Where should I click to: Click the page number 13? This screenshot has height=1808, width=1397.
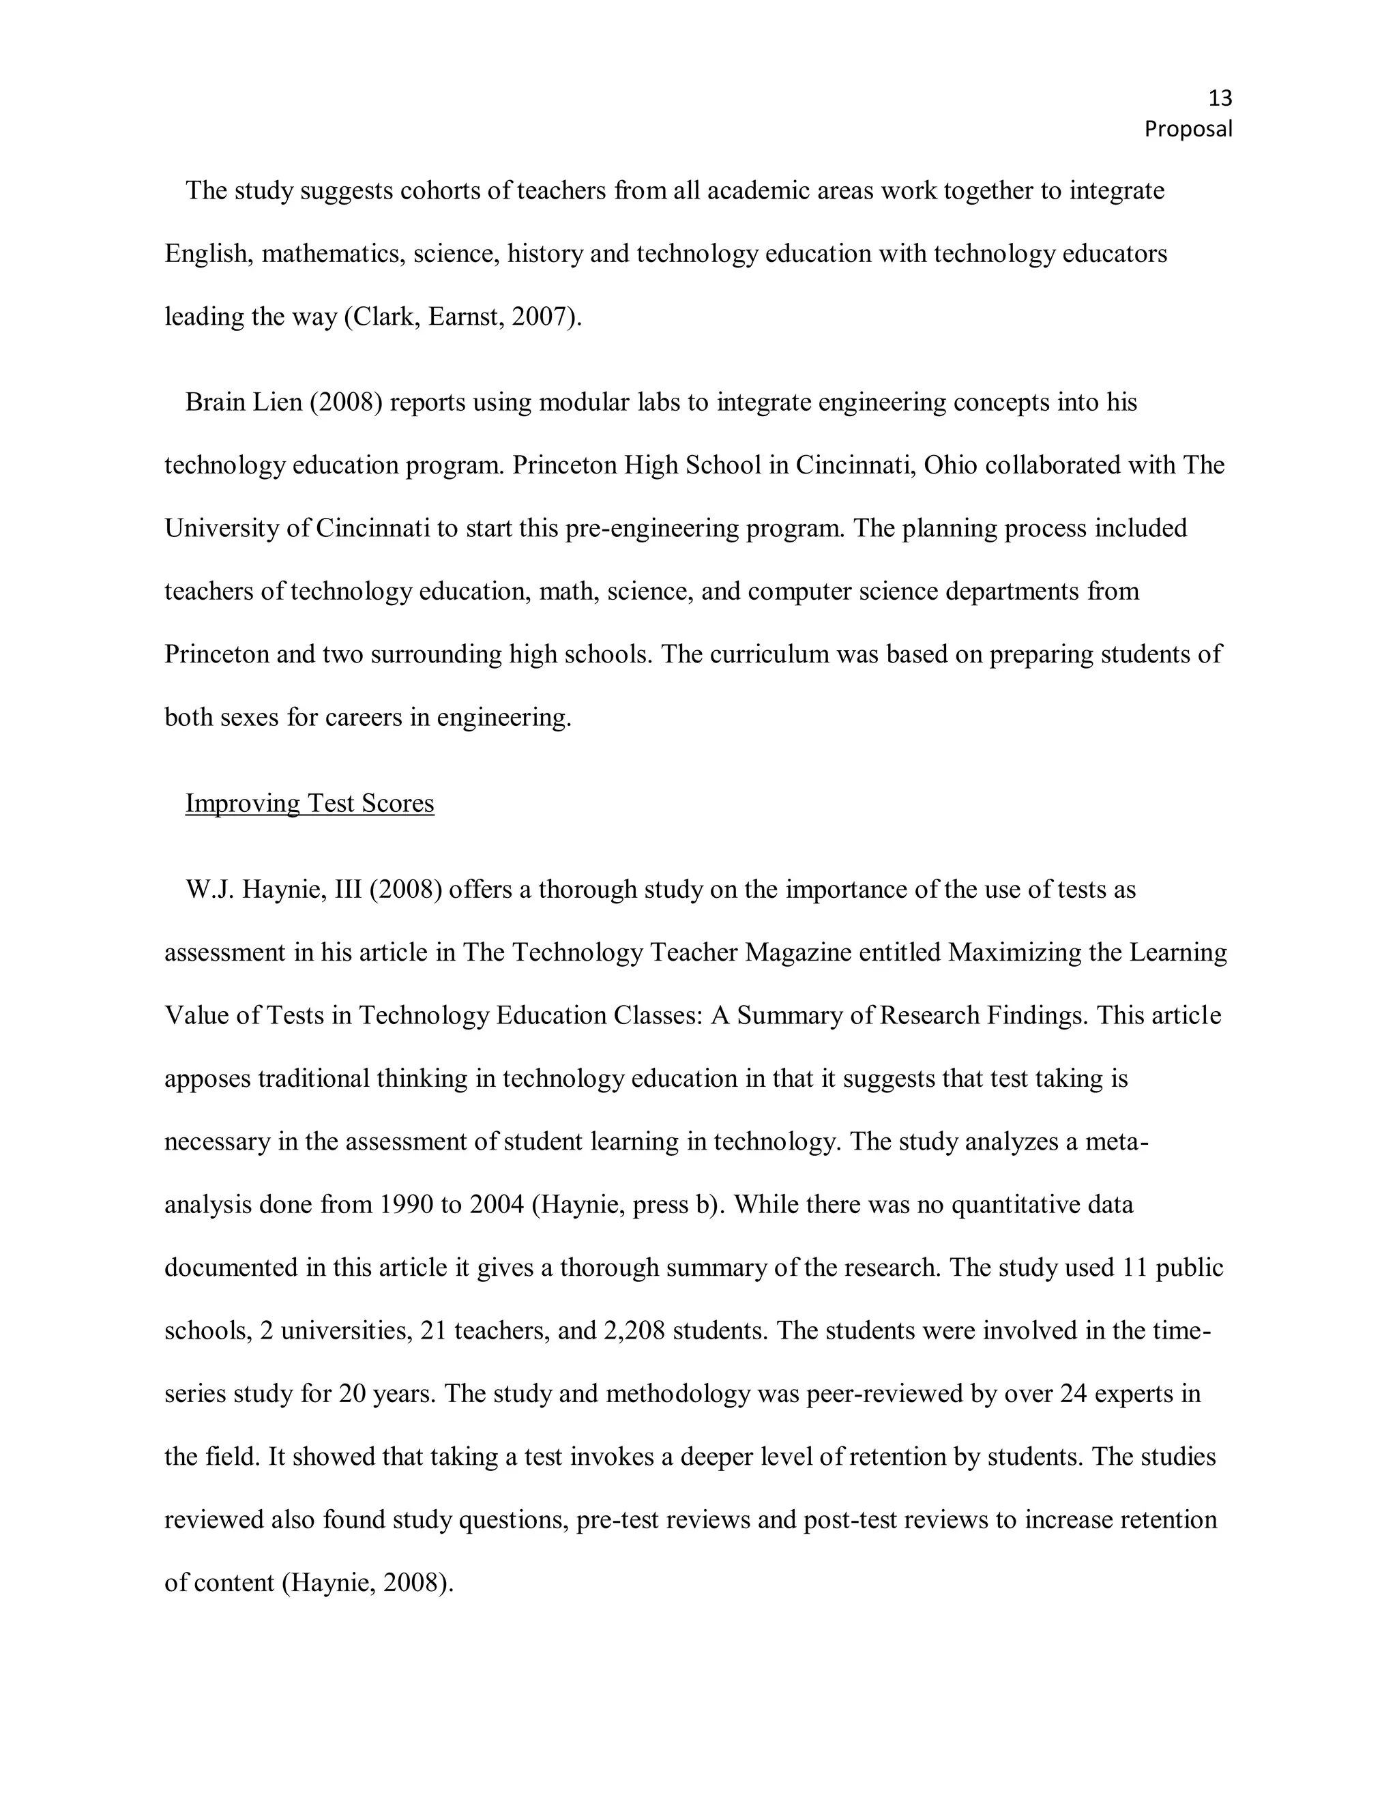tap(1220, 98)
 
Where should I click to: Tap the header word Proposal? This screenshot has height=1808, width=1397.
tap(1188, 129)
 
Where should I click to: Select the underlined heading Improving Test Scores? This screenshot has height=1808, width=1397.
tap(310, 803)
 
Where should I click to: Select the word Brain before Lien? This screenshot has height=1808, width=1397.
tap(214, 403)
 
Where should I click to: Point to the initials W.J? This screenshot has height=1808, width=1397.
tap(210, 889)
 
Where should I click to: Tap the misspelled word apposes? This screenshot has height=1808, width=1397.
tap(208, 1079)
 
